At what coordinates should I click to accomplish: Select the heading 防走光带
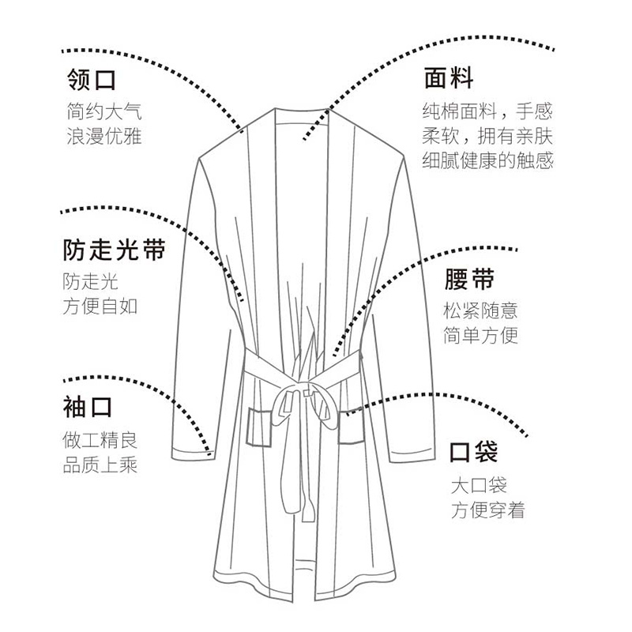point(114,250)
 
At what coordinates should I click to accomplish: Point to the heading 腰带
point(469,280)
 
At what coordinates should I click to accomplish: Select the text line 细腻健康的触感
point(487,160)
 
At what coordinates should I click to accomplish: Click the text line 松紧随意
point(481,310)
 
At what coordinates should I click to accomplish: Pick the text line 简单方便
point(481,335)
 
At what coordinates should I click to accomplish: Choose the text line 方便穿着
point(487,510)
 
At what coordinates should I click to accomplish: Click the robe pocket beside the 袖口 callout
point(259,427)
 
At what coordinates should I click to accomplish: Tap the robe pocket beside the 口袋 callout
point(352,427)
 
